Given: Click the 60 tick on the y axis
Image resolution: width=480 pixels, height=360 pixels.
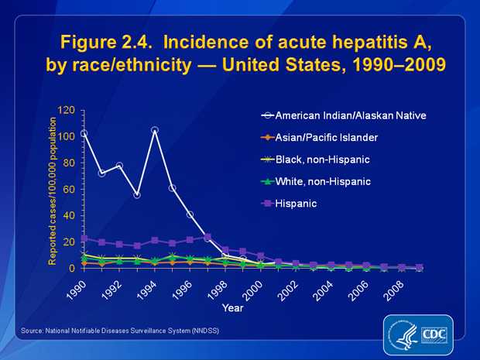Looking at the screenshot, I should [x=68, y=190].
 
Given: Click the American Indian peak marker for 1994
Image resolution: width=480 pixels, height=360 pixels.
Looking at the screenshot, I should [x=155, y=130].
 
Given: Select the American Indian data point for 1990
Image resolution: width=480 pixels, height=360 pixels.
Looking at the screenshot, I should [x=84, y=133].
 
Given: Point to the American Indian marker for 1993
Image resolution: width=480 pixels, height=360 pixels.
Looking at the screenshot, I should [x=137, y=195].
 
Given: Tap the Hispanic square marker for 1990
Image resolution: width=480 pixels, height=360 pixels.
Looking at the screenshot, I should [x=84, y=238].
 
